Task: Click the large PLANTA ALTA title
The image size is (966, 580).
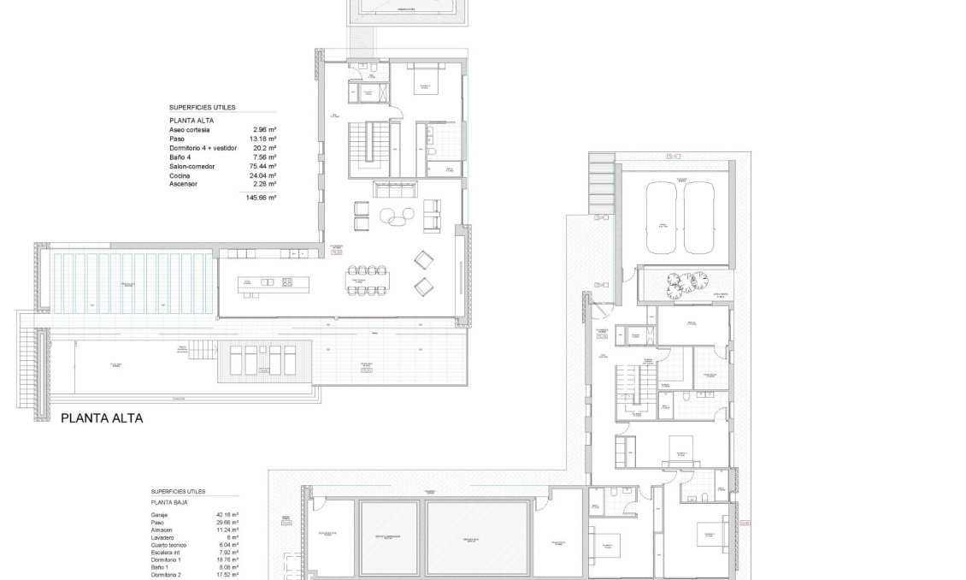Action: tap(102, 418)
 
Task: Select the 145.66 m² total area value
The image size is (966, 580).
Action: tap(261, 198)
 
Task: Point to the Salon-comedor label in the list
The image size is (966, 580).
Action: tap(191, 166)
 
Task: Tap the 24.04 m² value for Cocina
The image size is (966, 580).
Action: tap(263, 175)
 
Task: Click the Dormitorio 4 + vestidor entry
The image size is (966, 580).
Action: tap(203, 148)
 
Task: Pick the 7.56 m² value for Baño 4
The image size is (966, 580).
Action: tap(264, 157)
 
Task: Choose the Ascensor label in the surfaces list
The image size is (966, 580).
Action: tap(184, 184)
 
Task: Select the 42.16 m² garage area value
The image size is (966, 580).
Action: tap(227, 515)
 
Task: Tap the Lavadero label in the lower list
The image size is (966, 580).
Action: tap(164, 537)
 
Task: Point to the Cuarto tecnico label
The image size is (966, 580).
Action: tap(170, 544)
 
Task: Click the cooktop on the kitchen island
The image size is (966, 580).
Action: tap(287, 281)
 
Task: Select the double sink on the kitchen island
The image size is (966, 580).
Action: tap(265, 281)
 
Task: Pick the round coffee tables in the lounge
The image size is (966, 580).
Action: tap(394, 217)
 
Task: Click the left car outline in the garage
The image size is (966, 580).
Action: tap(661, 217)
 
